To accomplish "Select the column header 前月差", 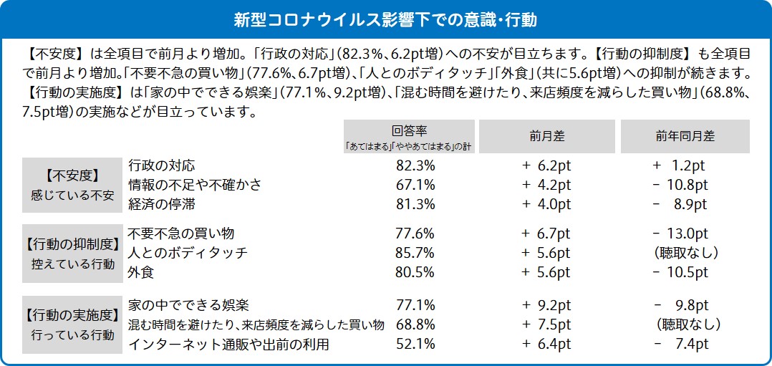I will pos(546,136).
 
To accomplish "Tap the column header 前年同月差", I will pos(685,136).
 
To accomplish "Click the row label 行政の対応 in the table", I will pos(162,165).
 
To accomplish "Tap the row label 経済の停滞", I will pos(162,204).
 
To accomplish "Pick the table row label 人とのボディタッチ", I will pos(188,253).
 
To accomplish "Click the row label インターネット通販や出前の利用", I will pos(228,345).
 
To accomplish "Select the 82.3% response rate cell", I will pos(415,165).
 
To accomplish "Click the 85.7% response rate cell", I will pos(415,253).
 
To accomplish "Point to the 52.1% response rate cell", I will pos(415,345).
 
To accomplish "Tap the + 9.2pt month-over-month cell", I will pos(546,306).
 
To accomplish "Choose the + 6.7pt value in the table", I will pos(546,233).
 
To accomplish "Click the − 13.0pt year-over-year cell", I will pos(681,233).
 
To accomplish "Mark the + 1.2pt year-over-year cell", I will pos(680,165).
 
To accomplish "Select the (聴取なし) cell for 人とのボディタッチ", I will pos(685,253).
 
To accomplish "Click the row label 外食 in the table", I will pos(142,272).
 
